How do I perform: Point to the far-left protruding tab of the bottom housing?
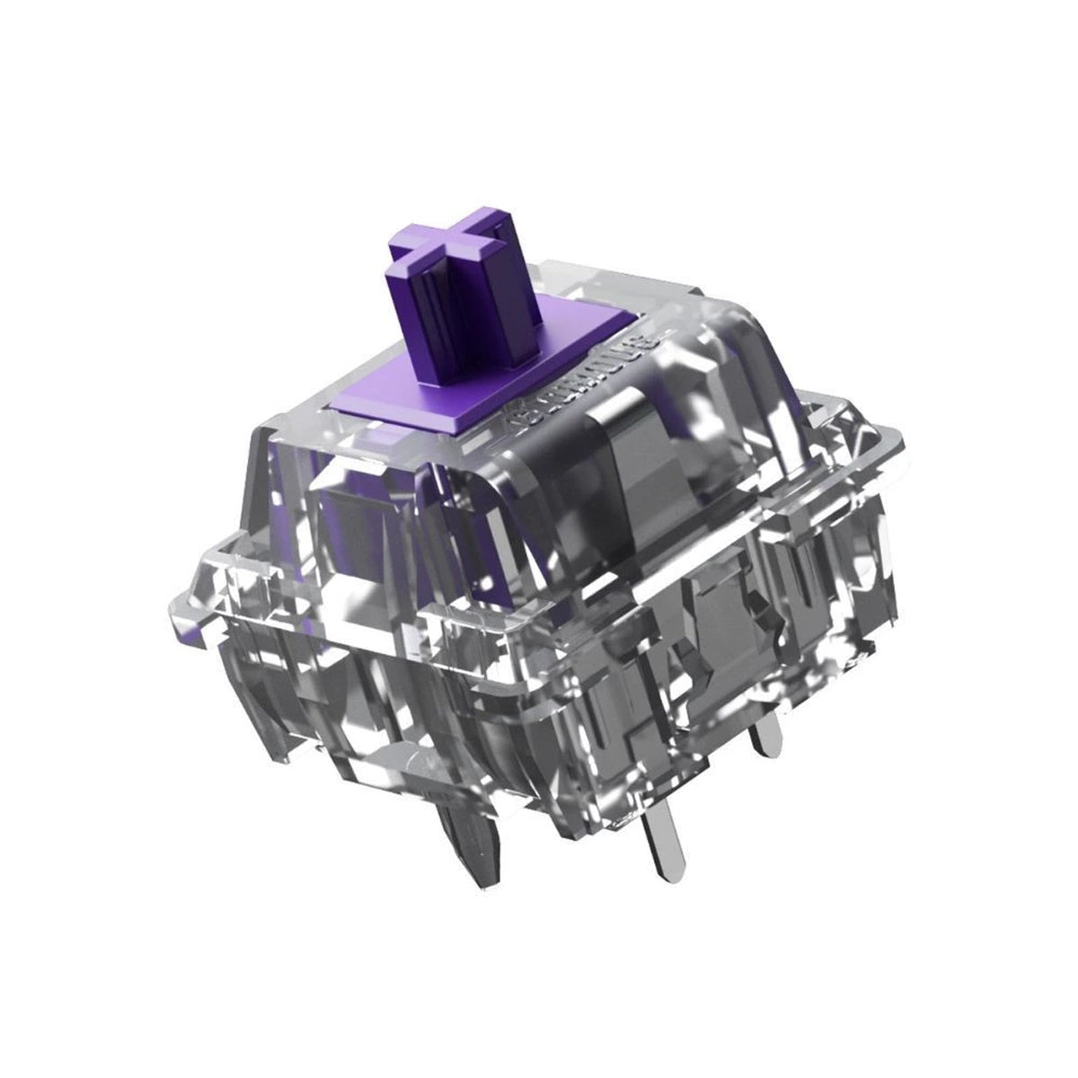point(216,575)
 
